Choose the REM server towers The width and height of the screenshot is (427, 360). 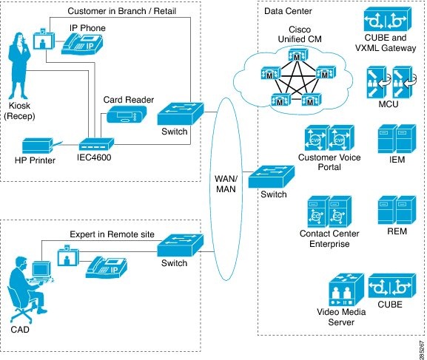pos(391,210)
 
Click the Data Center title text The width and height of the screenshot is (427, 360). pos(288,11)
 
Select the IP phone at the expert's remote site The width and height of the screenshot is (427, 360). pos(104,262)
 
